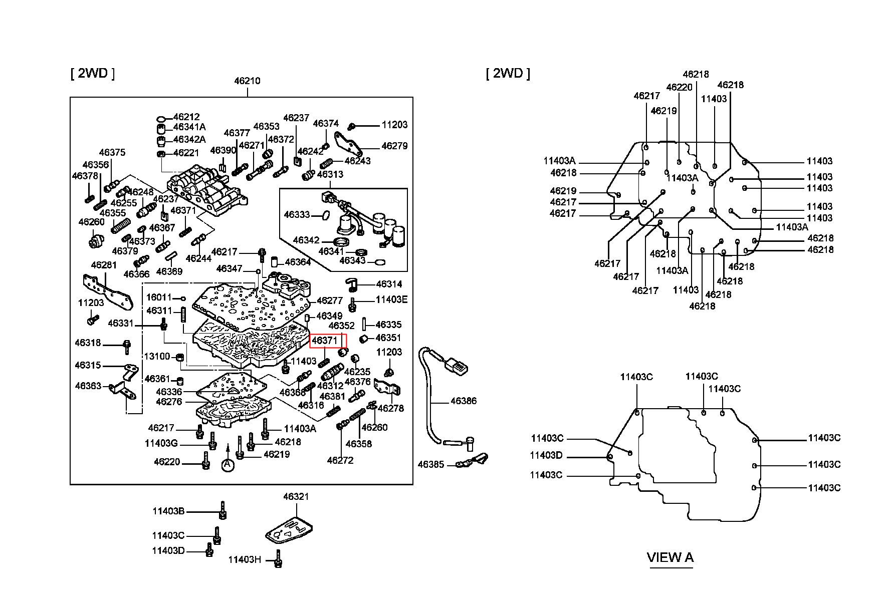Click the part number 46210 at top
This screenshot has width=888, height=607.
247,81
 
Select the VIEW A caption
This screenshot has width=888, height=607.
670,557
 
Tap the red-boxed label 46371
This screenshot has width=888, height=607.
325,341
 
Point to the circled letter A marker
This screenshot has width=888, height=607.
228,465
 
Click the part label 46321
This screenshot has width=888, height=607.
296,496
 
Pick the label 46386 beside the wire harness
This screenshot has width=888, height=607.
464,401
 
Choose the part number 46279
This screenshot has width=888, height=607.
394,146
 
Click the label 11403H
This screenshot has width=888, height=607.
245,559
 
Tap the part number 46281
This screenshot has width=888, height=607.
104,264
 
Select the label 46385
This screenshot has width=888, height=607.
431,464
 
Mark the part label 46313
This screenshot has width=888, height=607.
330,174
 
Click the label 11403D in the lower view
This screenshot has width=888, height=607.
546,455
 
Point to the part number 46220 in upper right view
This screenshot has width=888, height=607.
679,87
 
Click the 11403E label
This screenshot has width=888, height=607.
391,299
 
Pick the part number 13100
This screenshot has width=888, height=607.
157,356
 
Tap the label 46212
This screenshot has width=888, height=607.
186,117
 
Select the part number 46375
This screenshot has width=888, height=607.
112,152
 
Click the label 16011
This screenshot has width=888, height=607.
159,297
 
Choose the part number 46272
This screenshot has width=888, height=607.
340,460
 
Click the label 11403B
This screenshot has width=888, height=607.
168,511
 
